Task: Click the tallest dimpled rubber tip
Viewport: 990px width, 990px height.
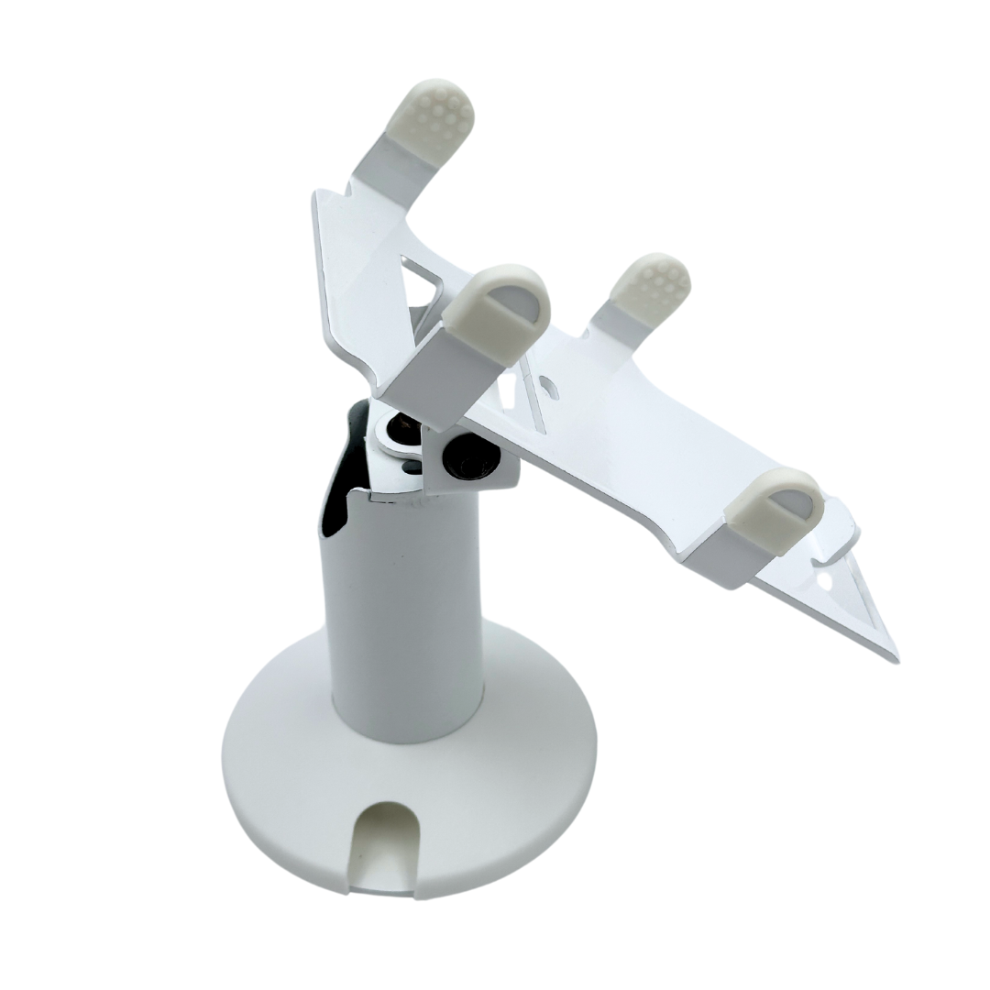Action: point(432,115)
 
